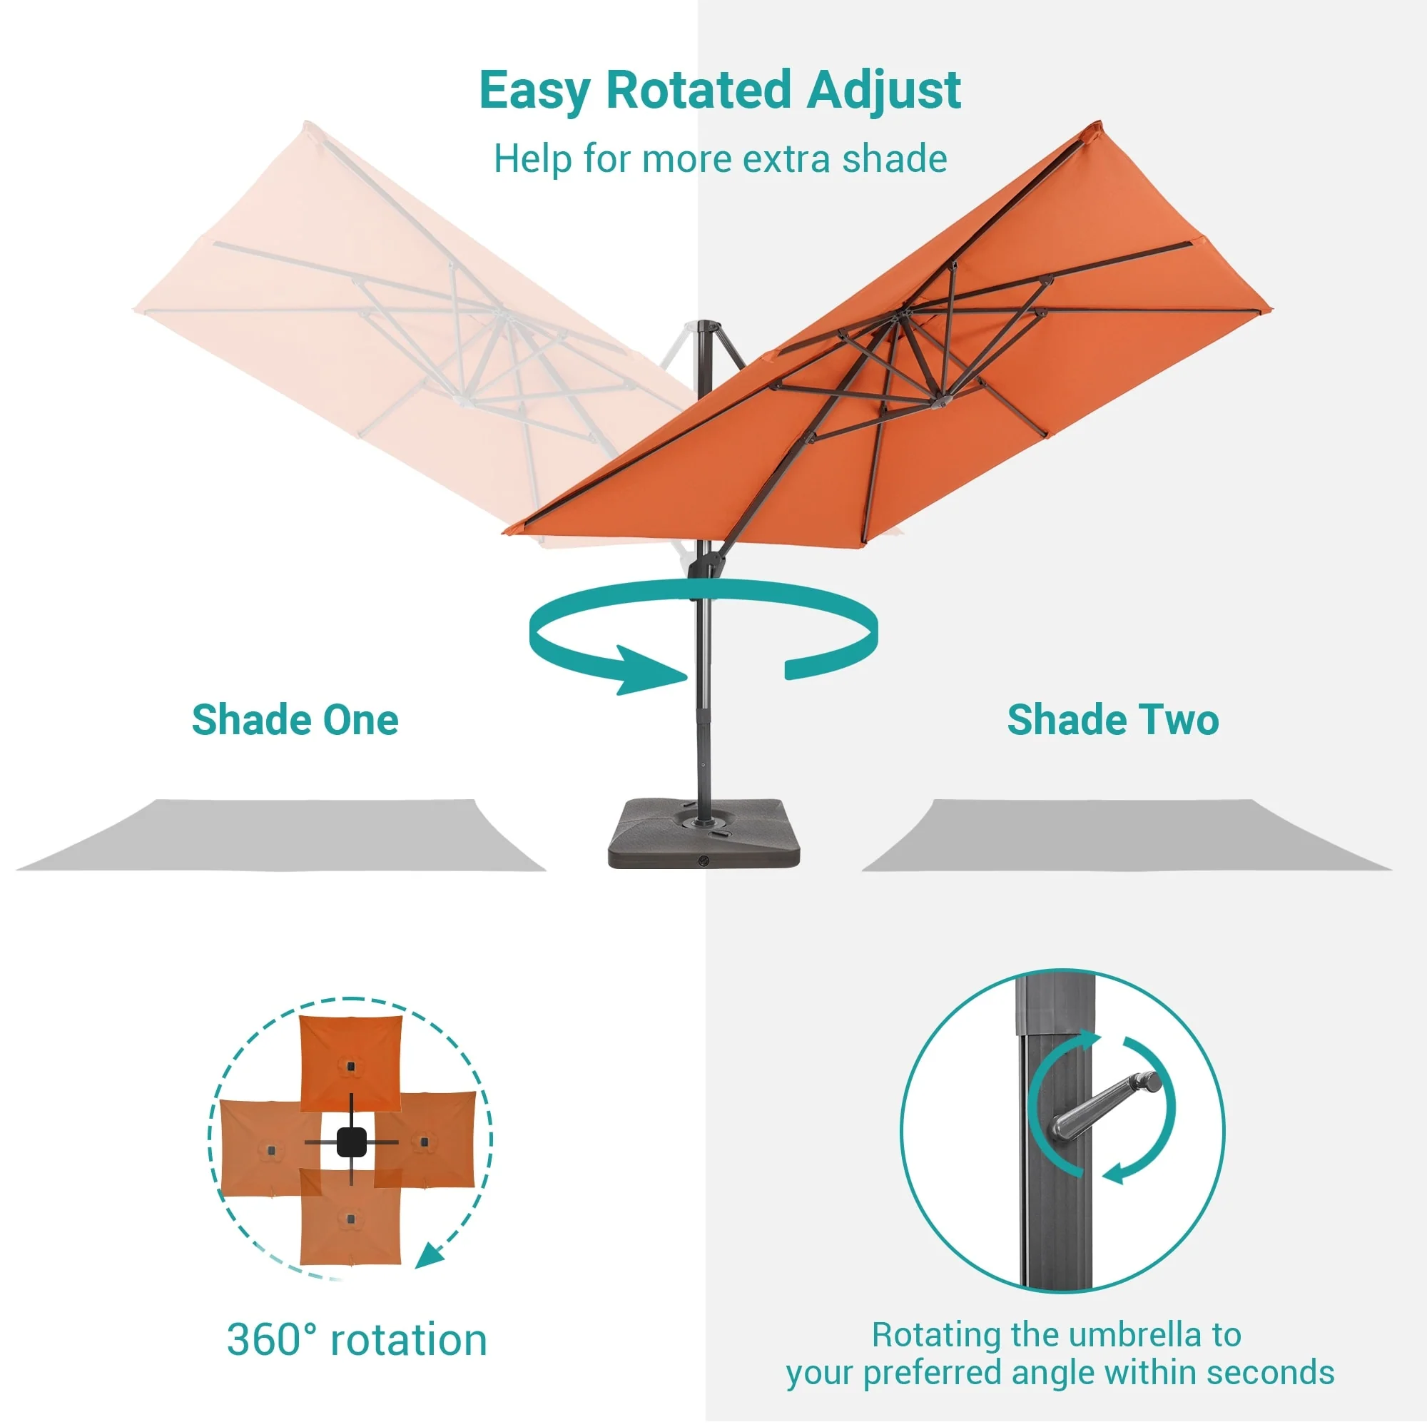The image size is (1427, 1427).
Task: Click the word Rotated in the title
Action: click(698, 90)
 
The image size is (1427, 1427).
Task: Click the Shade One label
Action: click(295, 719)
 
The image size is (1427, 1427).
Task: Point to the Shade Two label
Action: click(1112, 719)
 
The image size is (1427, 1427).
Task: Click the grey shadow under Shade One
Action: click(280, 836)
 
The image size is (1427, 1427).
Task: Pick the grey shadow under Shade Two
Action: click(1127, 836)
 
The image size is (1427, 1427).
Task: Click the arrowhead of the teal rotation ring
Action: click(650, 670)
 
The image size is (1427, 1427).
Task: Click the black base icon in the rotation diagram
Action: click(352, 1142)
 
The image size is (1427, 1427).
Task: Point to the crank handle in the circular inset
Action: click(1106, 1104)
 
